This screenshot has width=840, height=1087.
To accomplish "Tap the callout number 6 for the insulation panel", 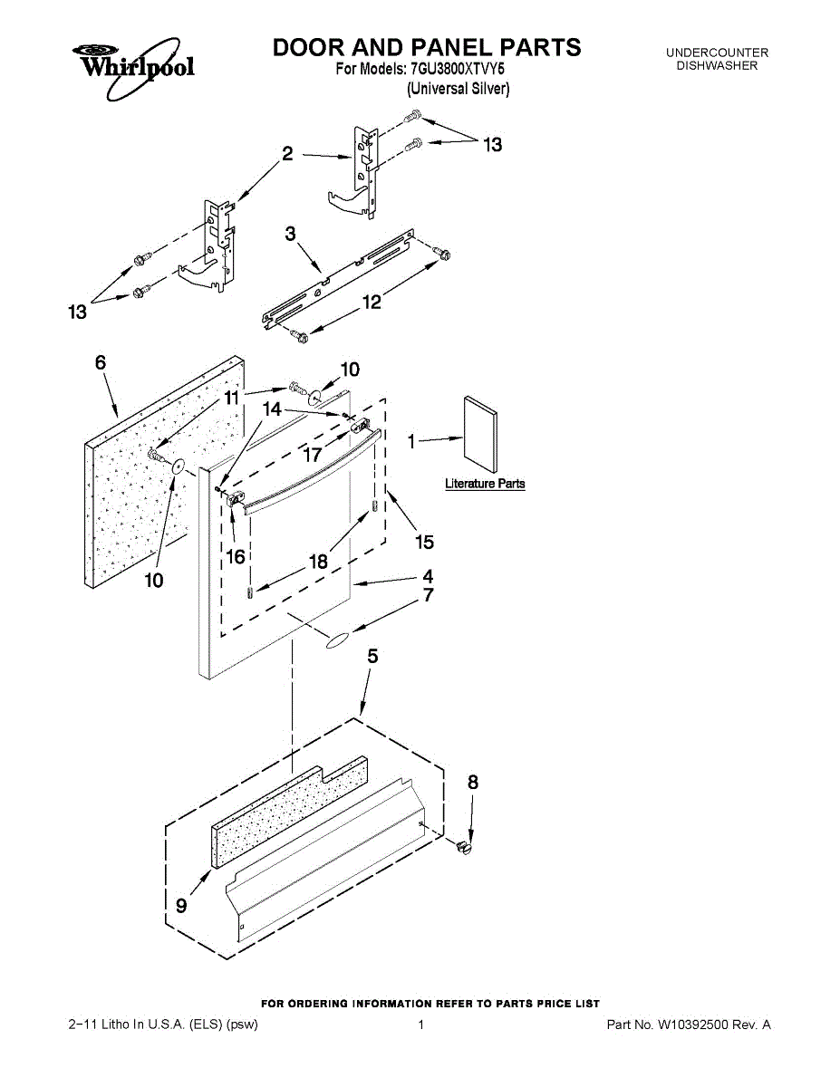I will pos(100,362).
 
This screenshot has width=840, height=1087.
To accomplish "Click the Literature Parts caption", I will pos(485,484).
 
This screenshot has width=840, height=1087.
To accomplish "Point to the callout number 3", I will pos(291,235).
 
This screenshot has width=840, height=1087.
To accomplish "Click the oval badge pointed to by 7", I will pos(336,641).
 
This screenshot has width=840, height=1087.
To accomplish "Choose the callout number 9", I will pos(181,903).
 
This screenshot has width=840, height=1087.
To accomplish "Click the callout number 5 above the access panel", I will pos(372,658).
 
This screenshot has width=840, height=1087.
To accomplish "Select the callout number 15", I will pos(424,542).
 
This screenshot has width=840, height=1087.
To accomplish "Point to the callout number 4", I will pos(427,576).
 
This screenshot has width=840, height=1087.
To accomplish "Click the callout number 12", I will pos(372,303).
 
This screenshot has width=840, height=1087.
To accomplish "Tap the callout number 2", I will pos(287,154).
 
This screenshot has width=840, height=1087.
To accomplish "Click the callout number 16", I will pos(236,556).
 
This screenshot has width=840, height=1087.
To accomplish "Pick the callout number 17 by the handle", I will pos(312,455).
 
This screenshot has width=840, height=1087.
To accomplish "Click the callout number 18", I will pos(317,562).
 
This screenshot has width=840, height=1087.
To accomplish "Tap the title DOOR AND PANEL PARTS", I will pos(427,47).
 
